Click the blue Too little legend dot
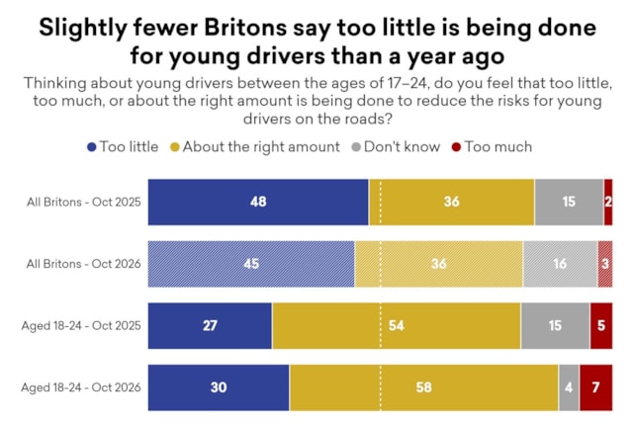pos(92,147)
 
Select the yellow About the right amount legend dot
pos(174,147)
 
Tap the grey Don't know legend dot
pos(356,147)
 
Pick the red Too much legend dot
pos(456,147)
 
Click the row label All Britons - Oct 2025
pos(83,202)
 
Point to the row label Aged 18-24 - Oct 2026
pos(81,387)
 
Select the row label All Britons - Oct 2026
pos(83,264)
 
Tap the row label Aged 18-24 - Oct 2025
pos(81,325)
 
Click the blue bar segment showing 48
pos(258,202)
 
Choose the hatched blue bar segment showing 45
pos(251,264)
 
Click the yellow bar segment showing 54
pos(397,326)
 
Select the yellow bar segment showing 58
pos(424,387)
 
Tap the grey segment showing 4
pos(569,387)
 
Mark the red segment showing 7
pos(595,387)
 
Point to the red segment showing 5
pos(601,326)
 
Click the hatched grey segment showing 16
pos(560,264)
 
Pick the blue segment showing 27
pos(210,326)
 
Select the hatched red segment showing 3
pos(605,264)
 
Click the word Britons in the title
pos(245,28)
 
